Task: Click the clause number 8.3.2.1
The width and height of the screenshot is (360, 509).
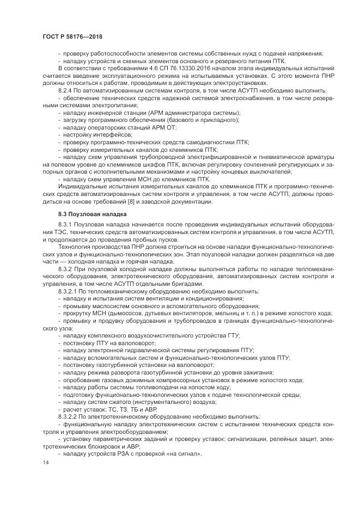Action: tap(69, 292)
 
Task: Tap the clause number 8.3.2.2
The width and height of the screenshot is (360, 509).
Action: tap(69, 416)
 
